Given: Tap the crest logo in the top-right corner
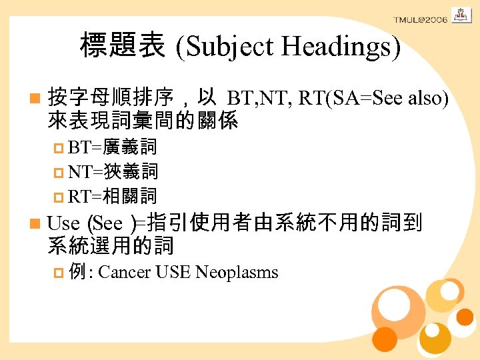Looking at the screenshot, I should coord(461,14).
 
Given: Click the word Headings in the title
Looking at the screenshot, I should coord(341,46).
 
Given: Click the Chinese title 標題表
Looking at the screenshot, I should coord(123,45).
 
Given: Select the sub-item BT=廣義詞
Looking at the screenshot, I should coord(112,148).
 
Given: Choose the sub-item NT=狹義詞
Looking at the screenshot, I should coord(112,171).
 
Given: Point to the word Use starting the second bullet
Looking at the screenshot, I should coord(64,222).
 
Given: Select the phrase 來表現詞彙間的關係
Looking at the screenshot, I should coord(143,121).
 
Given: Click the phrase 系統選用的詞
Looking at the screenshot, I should coord(111,245).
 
